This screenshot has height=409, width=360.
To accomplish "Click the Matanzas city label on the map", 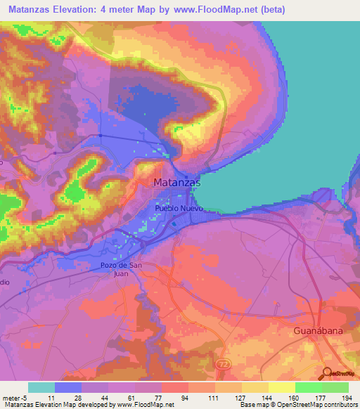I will pyautogui.click(x=176, y=183).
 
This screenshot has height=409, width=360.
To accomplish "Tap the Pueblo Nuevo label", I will pyautogui.click(x=179, y=209).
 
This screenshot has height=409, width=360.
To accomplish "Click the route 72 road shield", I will pyautogui.click(x=224, y=365).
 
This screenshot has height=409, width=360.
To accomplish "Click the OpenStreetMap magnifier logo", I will pyautogui.click(x=326, y=373).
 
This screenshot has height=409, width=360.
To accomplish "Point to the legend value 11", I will pyautogui.click(x=52, y=398).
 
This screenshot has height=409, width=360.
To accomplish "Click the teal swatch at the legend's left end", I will pyautogui.click(x=41, y=387).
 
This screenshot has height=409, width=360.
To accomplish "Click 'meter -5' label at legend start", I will pyautogui.click(x=13, y=398).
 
